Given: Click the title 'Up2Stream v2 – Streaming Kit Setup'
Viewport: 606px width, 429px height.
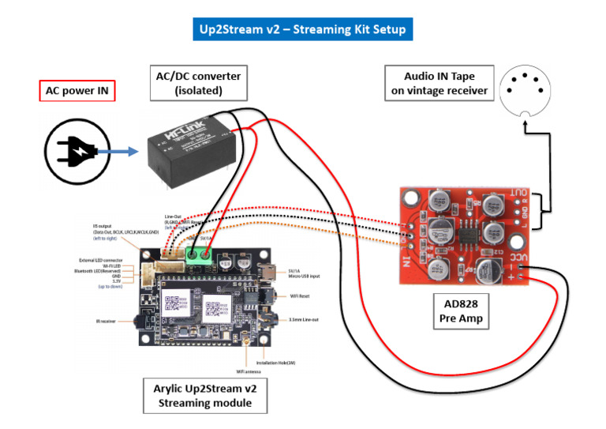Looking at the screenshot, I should click(303, 29).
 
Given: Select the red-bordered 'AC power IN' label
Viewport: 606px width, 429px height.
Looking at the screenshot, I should click(77, 91).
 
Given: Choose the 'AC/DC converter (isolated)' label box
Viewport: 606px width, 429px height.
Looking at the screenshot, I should click(198, 83).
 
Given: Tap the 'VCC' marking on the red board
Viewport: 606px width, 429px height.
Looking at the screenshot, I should click(514, 258).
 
